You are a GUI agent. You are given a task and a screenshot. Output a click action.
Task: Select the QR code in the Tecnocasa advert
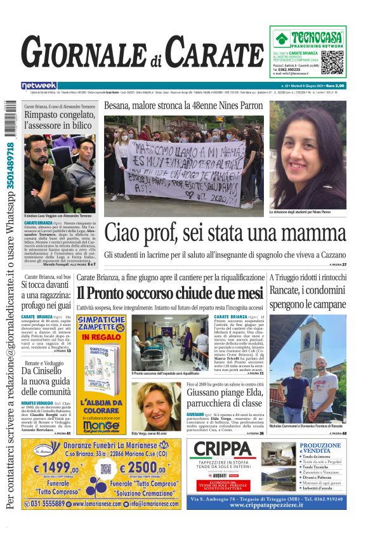(332, 62)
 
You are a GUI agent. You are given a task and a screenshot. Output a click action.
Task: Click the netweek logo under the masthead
(39, 86)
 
